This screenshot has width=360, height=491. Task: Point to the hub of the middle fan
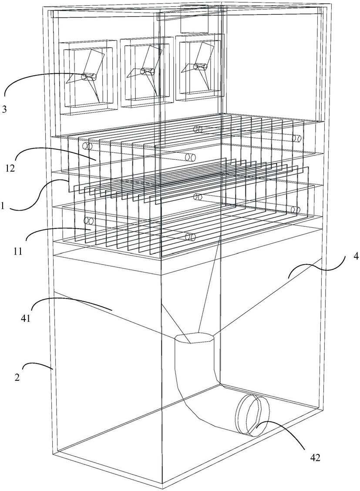pyautogui.click(x=147, y=71)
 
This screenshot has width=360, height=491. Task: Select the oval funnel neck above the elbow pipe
pyautogui.click(x=194, y=338)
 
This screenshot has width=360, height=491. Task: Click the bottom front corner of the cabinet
pyautogui.click(x=162, y=484)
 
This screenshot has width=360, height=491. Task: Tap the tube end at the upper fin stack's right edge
pyautogui.click(x=297, y=139)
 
